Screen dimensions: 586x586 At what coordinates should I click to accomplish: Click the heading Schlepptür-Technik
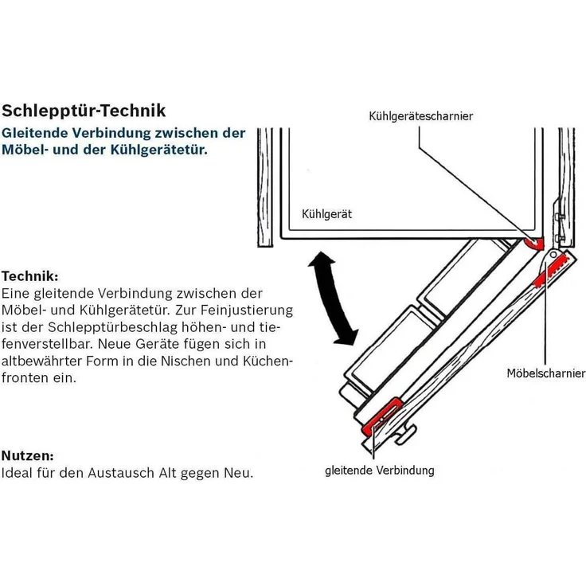pyautogui.click(x=84, y=110)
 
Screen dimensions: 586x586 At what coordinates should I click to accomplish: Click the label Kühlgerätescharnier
pyautogui.click(x=420, y=116)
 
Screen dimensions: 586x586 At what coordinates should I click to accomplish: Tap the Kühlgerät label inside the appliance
pyautogui.click(x=326, y=214)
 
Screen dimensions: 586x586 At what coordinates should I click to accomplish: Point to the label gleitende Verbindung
pyautogui.click(x=380, y=471)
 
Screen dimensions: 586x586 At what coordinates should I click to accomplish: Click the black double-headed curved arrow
pyautogui.click(x=333, y=298)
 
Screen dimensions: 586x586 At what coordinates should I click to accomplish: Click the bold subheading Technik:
pyautogui.click(x=29, y=276)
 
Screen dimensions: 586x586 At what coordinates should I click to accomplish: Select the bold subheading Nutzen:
pyautogui.click(x=27, y=456)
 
